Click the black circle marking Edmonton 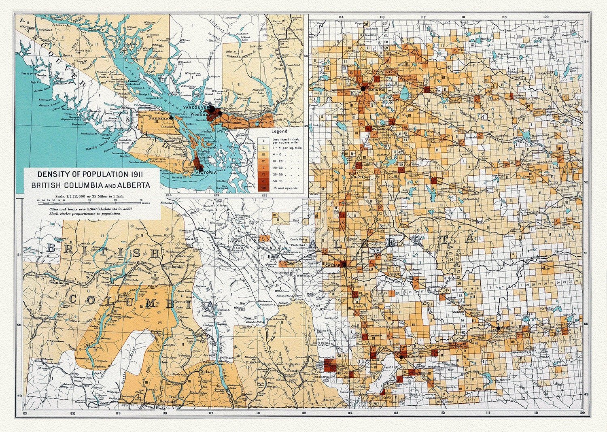(363, 88)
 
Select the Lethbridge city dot (401, 357)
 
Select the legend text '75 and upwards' (286, 188)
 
